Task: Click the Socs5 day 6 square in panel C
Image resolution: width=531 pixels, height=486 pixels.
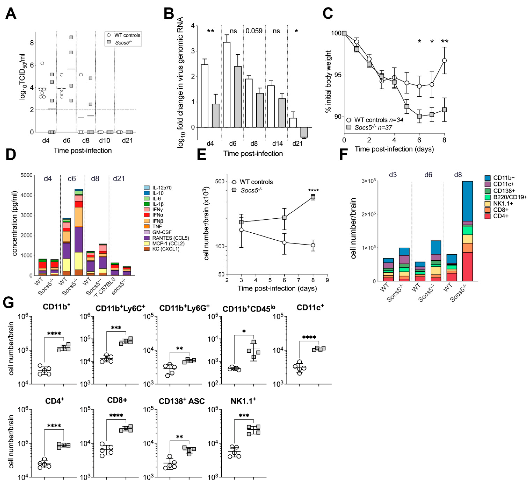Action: point(419,116)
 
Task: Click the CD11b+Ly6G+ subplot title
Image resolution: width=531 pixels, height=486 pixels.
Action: point(184,308)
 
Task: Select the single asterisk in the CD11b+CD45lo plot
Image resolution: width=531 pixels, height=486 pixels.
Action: point(244,331)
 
